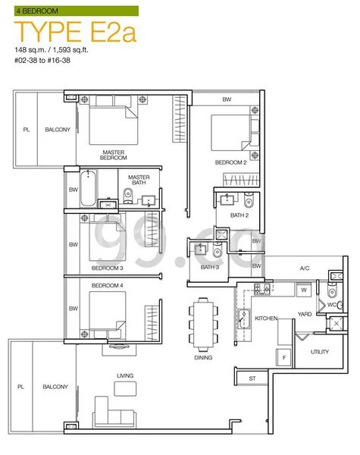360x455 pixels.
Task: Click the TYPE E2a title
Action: [x=76, y=31]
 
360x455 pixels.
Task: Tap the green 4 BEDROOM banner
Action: [x=77, y=11]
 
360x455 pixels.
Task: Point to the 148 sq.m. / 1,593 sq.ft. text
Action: [x=52, y=50]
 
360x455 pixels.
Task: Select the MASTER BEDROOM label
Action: [x=114, y=155]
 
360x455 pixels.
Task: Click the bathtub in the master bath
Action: [x=88, y=188]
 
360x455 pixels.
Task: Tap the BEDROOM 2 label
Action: [x=231, y=162]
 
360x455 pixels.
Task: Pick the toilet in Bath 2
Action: [x=249, y=200]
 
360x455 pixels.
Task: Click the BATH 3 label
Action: [x=210, y=267]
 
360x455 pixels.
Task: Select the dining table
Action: [x=203, y=322]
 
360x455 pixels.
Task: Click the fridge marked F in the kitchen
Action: [x=283, y=357]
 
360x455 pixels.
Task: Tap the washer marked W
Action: [x=304, y=290]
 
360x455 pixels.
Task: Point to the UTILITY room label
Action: [x=320, y=352]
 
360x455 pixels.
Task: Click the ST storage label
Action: [x=252, y=378]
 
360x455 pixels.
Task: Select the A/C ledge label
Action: [x=305, y=268]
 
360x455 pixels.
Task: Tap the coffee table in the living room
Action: [x=125, y=388]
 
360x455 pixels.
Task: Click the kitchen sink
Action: [x=244, y=319]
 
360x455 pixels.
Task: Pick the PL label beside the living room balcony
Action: [x=21, y=387]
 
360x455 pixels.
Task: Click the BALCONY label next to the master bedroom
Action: [x=58, y=130]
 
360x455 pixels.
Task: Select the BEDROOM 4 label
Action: [x=108, y=286]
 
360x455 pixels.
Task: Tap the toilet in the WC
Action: [x=333, y=291]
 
